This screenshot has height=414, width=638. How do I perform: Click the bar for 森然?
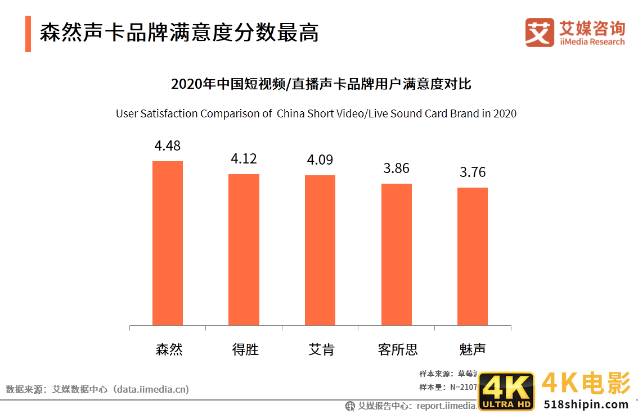168,243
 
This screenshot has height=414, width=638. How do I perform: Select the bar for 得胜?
244,249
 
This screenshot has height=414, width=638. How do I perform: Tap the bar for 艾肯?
320,250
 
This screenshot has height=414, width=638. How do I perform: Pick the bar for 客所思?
397,254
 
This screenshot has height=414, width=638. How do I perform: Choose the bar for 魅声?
473,256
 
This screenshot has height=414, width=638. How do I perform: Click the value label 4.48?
168,145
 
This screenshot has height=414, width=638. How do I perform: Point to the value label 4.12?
244,159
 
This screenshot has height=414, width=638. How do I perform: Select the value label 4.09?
320,160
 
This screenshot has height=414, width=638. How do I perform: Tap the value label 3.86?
397,169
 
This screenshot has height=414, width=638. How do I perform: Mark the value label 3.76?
473,172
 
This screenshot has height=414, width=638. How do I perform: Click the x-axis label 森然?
169,349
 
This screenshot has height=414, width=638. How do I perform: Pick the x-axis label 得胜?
245,349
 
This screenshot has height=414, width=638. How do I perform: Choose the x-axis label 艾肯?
321,349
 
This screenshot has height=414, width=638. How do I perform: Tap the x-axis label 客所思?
398,349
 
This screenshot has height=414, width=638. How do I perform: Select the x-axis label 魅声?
473,349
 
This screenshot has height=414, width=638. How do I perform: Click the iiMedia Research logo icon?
540,33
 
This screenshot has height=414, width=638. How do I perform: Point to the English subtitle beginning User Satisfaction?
316,113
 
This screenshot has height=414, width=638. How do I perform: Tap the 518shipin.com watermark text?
586,404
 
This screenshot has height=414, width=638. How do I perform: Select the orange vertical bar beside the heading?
28,34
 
